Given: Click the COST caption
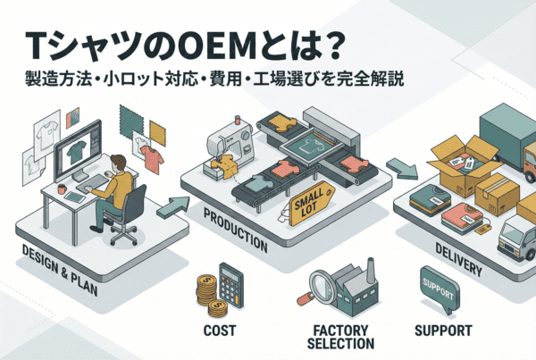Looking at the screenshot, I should [x=219, y=330].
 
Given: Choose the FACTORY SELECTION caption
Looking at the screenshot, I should [x=340, y=336].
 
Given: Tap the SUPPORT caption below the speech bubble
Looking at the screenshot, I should [x=443, y=330].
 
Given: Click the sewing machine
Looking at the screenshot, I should [x=229, y=142].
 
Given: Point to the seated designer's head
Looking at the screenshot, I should [x=115, y=163].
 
